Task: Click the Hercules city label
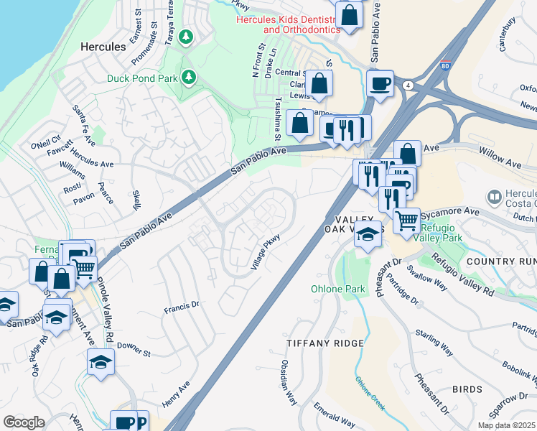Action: (x=102, y=46)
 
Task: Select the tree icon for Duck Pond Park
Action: (x=189, y=75)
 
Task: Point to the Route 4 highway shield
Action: (x=408, y=85)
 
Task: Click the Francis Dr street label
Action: (x=180, y=308)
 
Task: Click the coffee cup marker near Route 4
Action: (x=380, y=83)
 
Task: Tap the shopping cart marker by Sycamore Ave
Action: (x=407, y=221)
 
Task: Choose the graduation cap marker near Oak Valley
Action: (x=368, y=234)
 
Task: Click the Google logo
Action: (x=24, y=422)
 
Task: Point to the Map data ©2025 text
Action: (x=505, y=425)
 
